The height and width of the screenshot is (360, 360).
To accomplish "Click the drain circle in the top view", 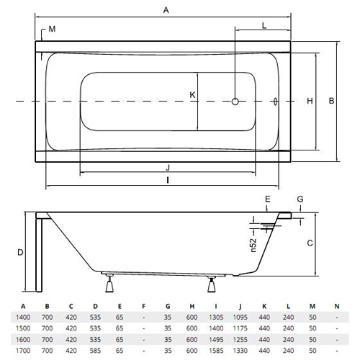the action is tap(235, 102).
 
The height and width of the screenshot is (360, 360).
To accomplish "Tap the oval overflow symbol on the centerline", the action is tap(275, 102).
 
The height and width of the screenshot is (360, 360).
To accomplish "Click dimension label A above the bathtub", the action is tap(166, 10).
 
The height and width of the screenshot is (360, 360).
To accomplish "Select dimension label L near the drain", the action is tap(264, 25).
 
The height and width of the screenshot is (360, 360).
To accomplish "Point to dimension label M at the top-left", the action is tap(52, 29).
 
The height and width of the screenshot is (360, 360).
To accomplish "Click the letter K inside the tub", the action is tap(192, 95).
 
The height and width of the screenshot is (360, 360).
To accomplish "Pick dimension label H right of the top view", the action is tap(310, 101).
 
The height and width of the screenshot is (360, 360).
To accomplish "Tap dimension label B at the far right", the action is tap(331, 101).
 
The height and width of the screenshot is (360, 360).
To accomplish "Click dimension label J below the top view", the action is tap(168, 167).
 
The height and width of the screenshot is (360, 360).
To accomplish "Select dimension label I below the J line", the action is tap(168, 180).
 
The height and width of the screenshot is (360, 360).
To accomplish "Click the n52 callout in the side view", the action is tap(253, 245).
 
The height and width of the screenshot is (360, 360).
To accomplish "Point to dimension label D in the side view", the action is tap(20, 252).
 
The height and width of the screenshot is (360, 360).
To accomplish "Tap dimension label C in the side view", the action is tap(310, 243).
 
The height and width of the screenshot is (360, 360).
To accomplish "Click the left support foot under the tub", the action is tap(109, 284).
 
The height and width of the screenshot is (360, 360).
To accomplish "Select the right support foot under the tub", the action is tap(212, 284).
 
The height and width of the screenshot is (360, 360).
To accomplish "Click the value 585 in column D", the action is tap(95, 351).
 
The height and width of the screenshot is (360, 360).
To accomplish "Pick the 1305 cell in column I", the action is tap(216, 318).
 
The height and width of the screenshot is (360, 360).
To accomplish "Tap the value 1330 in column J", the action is tap(240, 351).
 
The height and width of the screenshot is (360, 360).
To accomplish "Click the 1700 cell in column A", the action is tap(23, 351).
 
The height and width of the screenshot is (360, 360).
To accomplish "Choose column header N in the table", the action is tap(337, 306).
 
